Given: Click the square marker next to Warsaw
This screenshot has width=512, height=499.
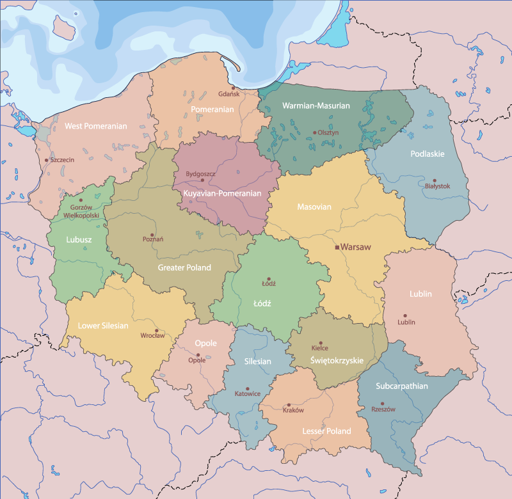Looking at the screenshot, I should click(337, 247).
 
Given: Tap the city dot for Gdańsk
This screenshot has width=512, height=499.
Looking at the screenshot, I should click(233, 88).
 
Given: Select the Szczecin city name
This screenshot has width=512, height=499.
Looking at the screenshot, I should click(62, 160).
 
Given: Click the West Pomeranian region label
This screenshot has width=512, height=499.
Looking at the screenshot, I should click(96, 126).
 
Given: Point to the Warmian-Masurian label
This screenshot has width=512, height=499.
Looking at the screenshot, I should click(316, 106).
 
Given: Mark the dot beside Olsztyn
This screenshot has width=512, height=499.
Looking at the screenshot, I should click(314, 132).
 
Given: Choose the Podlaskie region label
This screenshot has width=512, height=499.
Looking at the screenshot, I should click(427, 154).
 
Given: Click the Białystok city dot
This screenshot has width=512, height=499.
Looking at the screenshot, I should click(435, 180).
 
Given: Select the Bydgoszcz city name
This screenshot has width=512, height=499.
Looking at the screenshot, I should click(200, 173).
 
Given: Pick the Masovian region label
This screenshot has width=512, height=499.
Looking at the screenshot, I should click(314, 207).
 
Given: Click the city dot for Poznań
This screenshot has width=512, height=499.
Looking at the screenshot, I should click(152, 234).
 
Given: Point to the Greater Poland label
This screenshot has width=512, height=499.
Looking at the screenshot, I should click(184, 267).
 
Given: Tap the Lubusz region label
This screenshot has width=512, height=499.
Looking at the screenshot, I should click(79, 239).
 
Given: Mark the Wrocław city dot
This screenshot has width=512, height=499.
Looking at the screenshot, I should click(156, 331).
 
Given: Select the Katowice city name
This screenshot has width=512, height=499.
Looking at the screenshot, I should click(248, 394).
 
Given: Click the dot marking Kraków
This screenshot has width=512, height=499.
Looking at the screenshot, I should click(289, 405).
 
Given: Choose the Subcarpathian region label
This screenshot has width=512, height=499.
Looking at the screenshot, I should click(402, 386).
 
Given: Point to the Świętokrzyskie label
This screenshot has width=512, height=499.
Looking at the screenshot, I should click(337, 360).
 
